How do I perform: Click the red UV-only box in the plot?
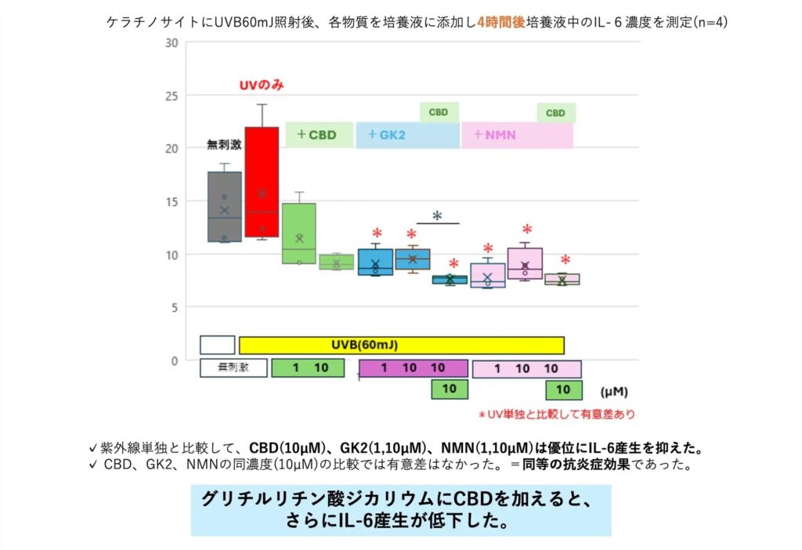click(x=262, y=182)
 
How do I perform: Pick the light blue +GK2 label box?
click(x=407, y=135)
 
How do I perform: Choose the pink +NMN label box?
click(x=517, y=135)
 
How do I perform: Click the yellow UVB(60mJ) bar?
click(x=401, y=345)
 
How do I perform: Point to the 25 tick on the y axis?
click(x=171, y=96)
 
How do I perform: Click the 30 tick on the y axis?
click(x=171, y=43)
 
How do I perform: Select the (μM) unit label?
click(x=616, y=389)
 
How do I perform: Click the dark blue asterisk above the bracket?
click(x=437, y=216)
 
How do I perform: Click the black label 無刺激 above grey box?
click(x=223, y=144)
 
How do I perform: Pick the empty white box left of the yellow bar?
click(x=218, y=345)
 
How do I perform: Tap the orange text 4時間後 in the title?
click(x=503, y=23)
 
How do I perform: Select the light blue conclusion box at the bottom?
click(x=400, y=510)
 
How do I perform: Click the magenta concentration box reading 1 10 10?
click(x=413, y=368)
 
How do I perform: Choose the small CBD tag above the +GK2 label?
click(x=439, y=112)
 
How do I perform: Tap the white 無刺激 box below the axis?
click(x=233, y=367)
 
